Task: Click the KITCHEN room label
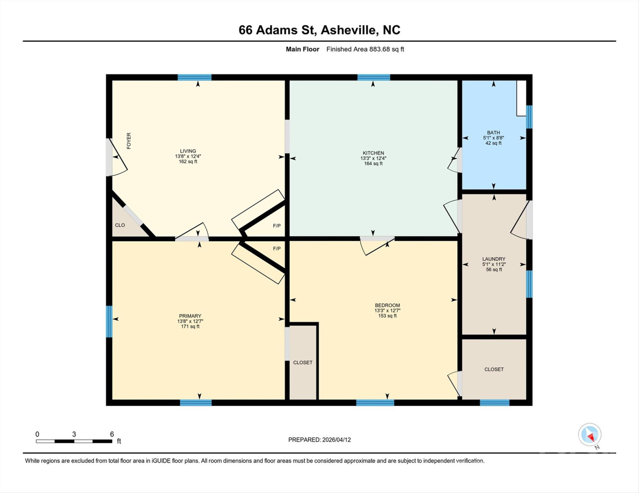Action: point(373,153)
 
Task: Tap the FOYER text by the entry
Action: point(129,141)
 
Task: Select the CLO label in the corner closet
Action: point(120,225)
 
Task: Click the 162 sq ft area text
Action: point(188,162)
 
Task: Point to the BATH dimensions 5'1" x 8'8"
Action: point(493,138)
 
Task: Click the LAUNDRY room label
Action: point(494,259)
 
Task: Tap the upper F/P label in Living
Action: point(277,226)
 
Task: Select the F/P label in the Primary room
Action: point(277,249)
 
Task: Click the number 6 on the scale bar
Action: point(112,434)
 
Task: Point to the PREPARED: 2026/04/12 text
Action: point(319,440)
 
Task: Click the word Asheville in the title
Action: point(348,30)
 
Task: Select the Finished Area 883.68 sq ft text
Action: point(365,49)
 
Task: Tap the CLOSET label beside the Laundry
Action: point(494,369)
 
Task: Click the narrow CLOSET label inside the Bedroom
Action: point(303,363)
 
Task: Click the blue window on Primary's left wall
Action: point(109,321)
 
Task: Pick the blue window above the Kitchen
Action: point(374,77)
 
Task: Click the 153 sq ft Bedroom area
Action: point(387,316)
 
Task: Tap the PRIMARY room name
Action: point(190,316)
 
